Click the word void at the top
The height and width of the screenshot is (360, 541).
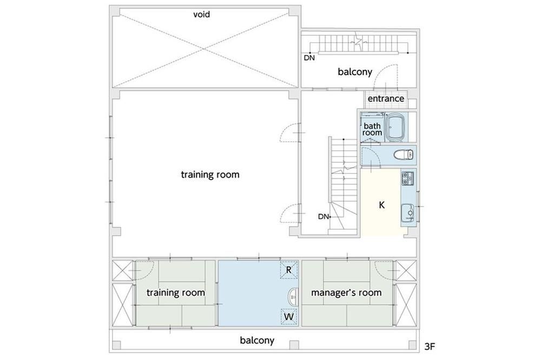point(201,15)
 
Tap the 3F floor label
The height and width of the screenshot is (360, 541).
point(429,346)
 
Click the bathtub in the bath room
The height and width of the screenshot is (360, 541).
point(396,127)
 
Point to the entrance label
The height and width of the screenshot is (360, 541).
point(386,98)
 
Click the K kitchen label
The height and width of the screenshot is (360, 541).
point(381,205)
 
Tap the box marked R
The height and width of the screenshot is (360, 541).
point(289,270)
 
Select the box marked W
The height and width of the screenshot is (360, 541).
point(289,316)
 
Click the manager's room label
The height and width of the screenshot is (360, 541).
point(346,293)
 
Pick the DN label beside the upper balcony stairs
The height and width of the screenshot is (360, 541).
point(309,58)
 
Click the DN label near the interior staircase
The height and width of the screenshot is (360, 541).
point(324,217)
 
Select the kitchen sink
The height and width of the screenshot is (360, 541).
point(408,214)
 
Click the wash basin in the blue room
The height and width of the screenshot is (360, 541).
point(293,297)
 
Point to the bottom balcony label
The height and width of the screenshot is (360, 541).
point(257,341)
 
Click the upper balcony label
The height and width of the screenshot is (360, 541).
point(355,72)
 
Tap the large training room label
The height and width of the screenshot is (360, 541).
point(210,175)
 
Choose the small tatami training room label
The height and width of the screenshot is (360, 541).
point(176,293)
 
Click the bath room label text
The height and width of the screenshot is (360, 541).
point(372,129)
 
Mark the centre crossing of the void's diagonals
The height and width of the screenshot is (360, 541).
point(204,48)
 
